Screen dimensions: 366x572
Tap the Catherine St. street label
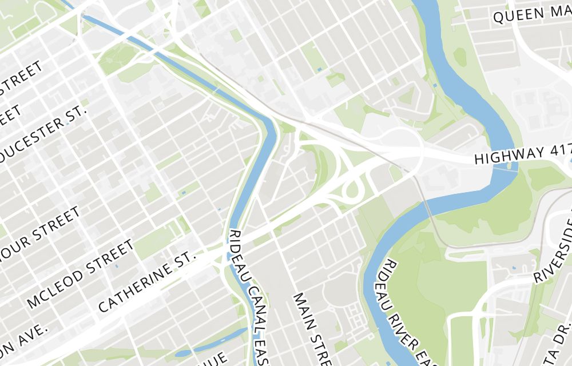pos(147,280)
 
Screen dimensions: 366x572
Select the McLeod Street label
pos(80,273)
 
